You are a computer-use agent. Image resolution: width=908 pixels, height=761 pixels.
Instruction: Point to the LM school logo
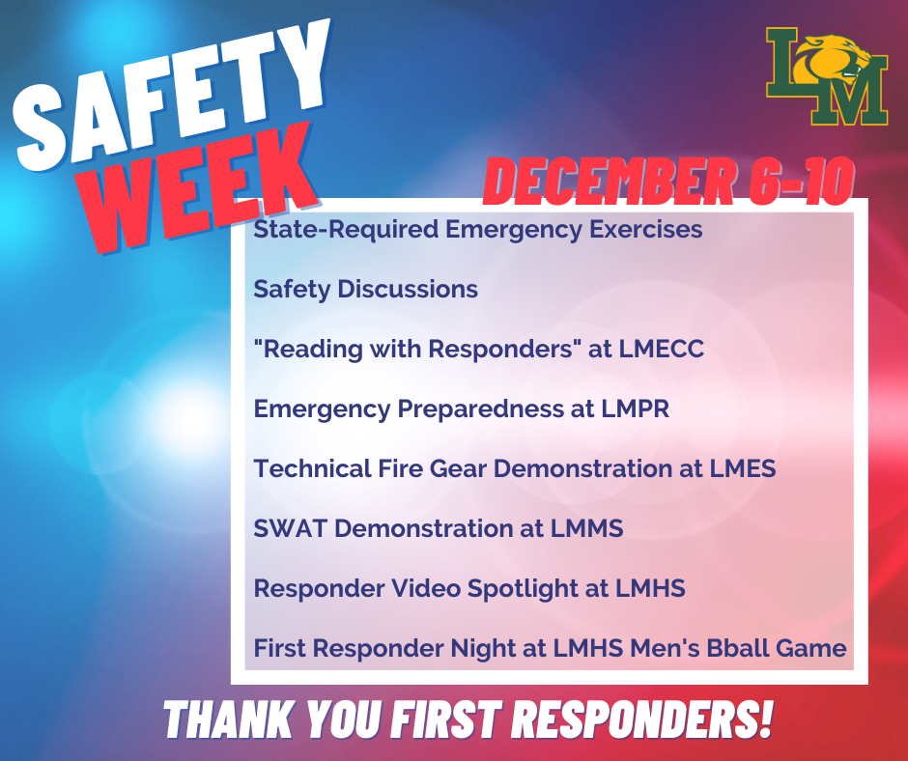pyautogui.click(x=827, y=77)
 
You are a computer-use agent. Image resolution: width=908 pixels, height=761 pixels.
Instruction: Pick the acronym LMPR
pyautogui.click(x=634, y=409)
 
